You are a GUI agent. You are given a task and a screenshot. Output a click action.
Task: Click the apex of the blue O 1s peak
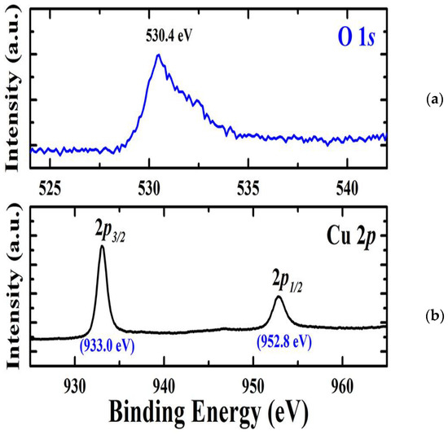click(157, 55)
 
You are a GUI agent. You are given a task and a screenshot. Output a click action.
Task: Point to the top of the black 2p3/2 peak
click(102, 247)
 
